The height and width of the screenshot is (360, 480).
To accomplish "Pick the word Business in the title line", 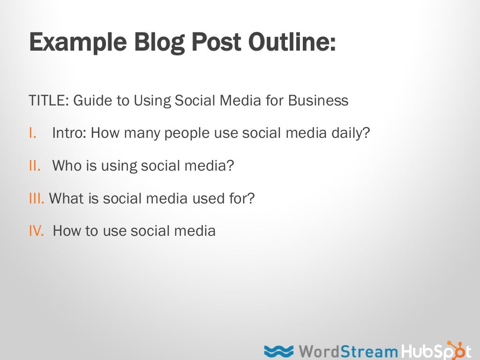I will click(318, 101).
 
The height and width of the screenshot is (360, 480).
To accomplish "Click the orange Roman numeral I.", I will click(32, 133).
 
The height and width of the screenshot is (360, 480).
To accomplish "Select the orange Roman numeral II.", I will click(35, 165).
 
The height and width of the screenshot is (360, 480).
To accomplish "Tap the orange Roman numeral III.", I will click(37, 198).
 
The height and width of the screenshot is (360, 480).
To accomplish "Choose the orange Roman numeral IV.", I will click(36, 231).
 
